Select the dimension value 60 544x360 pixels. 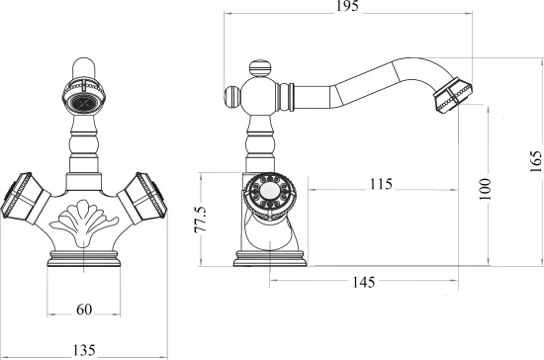tap(84, 310)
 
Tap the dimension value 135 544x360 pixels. tap(83, 348)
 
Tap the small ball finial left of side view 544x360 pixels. tap(229, 98)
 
